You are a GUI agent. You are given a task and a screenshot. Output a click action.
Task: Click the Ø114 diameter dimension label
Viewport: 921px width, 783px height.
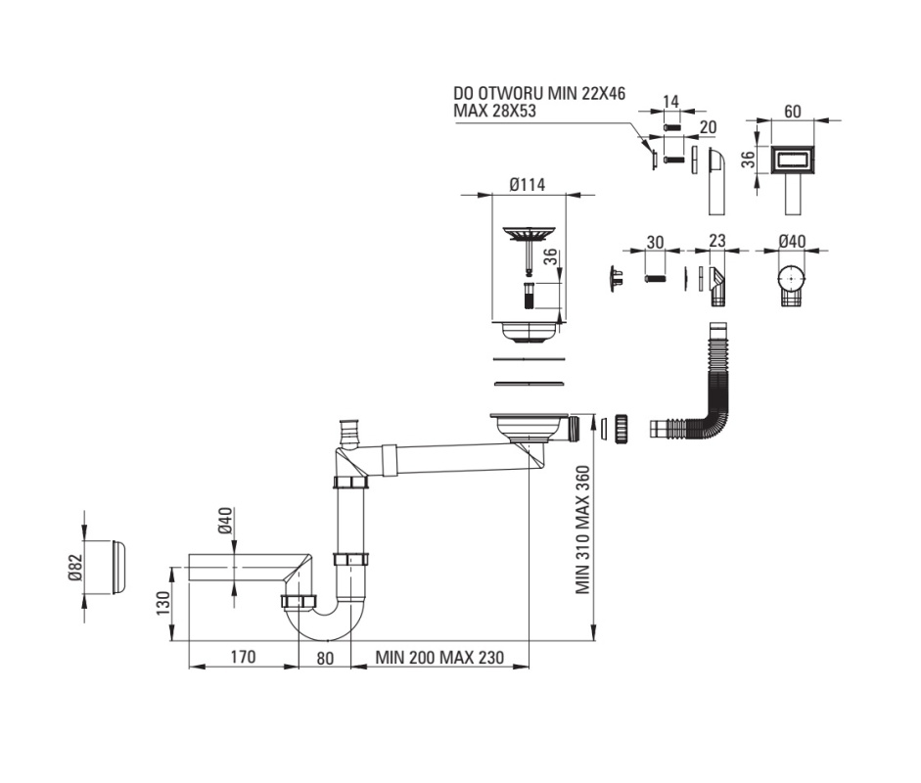528,185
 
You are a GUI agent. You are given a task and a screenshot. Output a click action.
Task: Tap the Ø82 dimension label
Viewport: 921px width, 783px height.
75,568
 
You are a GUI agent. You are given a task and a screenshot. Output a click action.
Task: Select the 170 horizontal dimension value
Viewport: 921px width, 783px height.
243,656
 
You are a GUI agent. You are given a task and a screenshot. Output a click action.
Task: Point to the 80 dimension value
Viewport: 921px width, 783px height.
325,658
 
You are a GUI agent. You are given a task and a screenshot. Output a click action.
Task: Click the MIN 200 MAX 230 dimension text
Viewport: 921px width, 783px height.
439,657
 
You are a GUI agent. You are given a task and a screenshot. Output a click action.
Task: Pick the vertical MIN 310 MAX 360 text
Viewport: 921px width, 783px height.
582,530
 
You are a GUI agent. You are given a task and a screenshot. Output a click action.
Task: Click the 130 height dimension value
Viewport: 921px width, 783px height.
163,603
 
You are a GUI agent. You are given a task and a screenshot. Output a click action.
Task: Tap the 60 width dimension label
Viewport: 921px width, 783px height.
793,111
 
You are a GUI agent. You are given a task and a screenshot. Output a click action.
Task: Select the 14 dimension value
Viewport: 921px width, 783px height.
670,102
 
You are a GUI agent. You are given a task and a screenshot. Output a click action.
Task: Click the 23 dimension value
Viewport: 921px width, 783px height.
717,240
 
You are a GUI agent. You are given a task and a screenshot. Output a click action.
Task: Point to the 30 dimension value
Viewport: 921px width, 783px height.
655,242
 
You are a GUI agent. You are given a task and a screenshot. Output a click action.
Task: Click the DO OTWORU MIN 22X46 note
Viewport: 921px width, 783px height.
539,93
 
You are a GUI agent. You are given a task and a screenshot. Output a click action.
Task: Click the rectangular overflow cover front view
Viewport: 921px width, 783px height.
793,159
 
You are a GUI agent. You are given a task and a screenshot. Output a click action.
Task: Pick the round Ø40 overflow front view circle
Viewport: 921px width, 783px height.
793,278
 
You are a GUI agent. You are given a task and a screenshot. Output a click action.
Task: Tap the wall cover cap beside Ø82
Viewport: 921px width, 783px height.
117,567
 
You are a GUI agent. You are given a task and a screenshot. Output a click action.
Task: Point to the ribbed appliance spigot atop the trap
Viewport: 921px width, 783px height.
347,433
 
